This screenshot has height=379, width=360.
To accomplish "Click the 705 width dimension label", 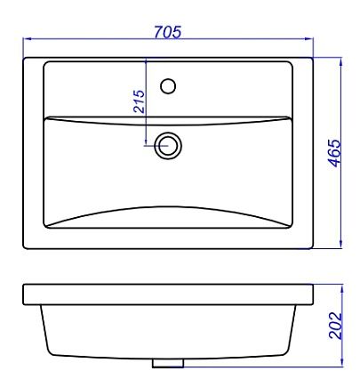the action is coord(168,32).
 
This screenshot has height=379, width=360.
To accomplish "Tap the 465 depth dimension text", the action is coord(336,153).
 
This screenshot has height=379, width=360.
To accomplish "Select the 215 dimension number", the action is coord(140,101).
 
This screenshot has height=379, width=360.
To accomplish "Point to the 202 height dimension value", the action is coord(336,326).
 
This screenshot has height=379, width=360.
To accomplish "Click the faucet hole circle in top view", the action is coord(168,86).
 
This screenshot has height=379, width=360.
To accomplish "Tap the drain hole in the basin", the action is coord(168,146).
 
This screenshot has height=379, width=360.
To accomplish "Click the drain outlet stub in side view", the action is coord(168,363).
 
